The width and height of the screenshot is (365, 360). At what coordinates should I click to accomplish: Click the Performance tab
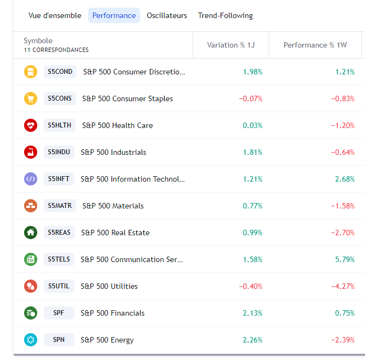(x=114, y=15)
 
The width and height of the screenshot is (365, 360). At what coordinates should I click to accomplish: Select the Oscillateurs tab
(x=167, y=15)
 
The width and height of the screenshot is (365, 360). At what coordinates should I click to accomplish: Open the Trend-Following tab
(x=225, y=15)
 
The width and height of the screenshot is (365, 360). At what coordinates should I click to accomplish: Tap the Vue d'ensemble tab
(x=55, y=15)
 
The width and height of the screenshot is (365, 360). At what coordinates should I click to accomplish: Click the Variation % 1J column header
(x=231, y=45)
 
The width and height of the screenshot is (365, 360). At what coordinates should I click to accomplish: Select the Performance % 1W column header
(x=315, y=45)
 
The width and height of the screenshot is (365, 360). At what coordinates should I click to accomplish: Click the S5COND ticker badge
(x=60, y=72)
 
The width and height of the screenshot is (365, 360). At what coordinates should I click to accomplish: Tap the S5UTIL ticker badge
(x=59, y=286)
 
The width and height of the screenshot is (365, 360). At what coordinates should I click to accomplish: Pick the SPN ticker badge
(x=59, y=340)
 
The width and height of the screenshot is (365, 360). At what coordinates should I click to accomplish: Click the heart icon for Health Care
(x=31, y=125)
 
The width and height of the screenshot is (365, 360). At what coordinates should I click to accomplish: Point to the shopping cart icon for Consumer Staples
(x=31, y=98)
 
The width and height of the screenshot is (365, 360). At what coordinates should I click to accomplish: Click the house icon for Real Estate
(x=31, y=233)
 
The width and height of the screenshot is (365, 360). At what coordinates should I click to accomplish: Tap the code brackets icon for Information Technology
(x=31, y=179)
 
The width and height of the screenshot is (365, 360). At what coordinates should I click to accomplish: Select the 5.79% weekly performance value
(x=345, y=259)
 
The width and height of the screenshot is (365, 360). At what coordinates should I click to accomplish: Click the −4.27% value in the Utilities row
(x=343, y=286)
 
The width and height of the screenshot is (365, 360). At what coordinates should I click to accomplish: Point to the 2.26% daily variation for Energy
(x=252, y=340)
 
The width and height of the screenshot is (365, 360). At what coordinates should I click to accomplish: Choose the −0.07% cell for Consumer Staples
(x=251, y=98)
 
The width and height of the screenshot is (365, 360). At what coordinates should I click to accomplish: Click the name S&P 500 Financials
(x=113, y=313)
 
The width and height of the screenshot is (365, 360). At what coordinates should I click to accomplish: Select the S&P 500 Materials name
(x=113, y=206)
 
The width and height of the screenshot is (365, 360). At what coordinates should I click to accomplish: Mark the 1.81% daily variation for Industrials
(x=252, y=152)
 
